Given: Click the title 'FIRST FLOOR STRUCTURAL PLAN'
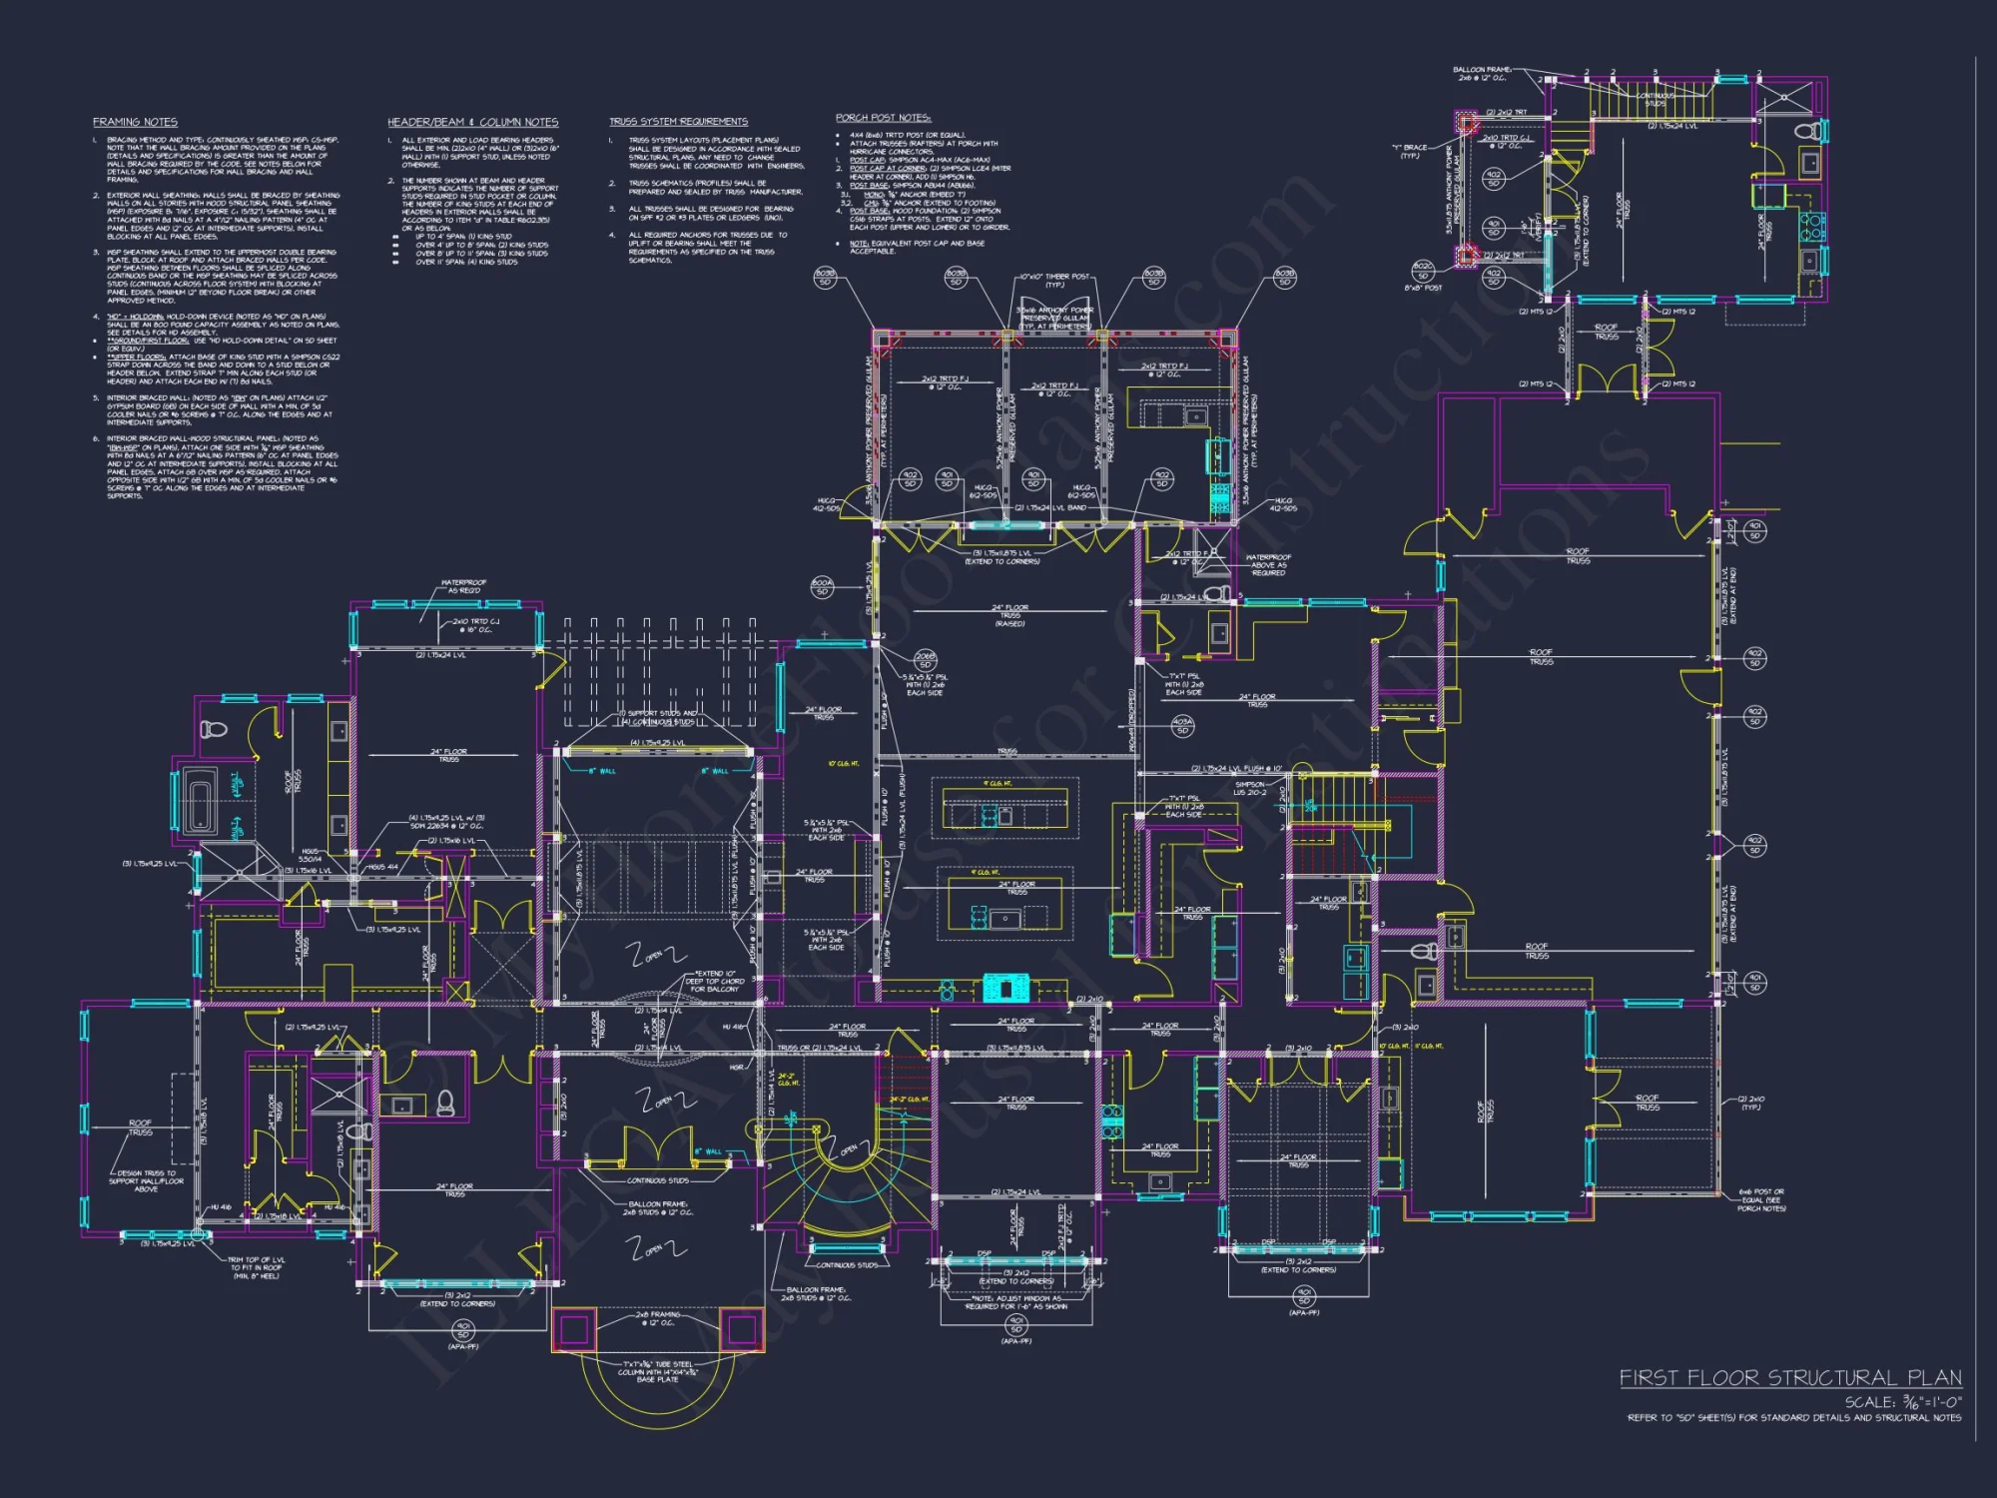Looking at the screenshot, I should coord(1789,1378).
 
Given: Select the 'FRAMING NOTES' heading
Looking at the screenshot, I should coord(135,122).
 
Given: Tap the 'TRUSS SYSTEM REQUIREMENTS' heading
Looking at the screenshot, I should coord(678,122).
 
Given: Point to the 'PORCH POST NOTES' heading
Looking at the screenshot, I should coord(883,118).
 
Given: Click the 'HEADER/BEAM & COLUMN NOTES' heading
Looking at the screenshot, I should coord(472,122).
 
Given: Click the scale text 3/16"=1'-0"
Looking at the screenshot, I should coord(1902,1402).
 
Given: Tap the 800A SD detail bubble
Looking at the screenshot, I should coord(822,587).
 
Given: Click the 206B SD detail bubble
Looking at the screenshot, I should coord(925,660).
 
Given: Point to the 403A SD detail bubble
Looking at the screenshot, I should coord(1182,725).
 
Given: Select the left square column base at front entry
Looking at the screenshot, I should coord(573,1329).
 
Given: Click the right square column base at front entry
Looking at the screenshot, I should coord(742,1329).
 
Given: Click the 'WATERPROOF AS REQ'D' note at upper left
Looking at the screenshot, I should coord(463,586).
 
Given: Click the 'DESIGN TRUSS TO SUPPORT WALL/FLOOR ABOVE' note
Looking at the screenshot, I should coord(146,1180).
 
